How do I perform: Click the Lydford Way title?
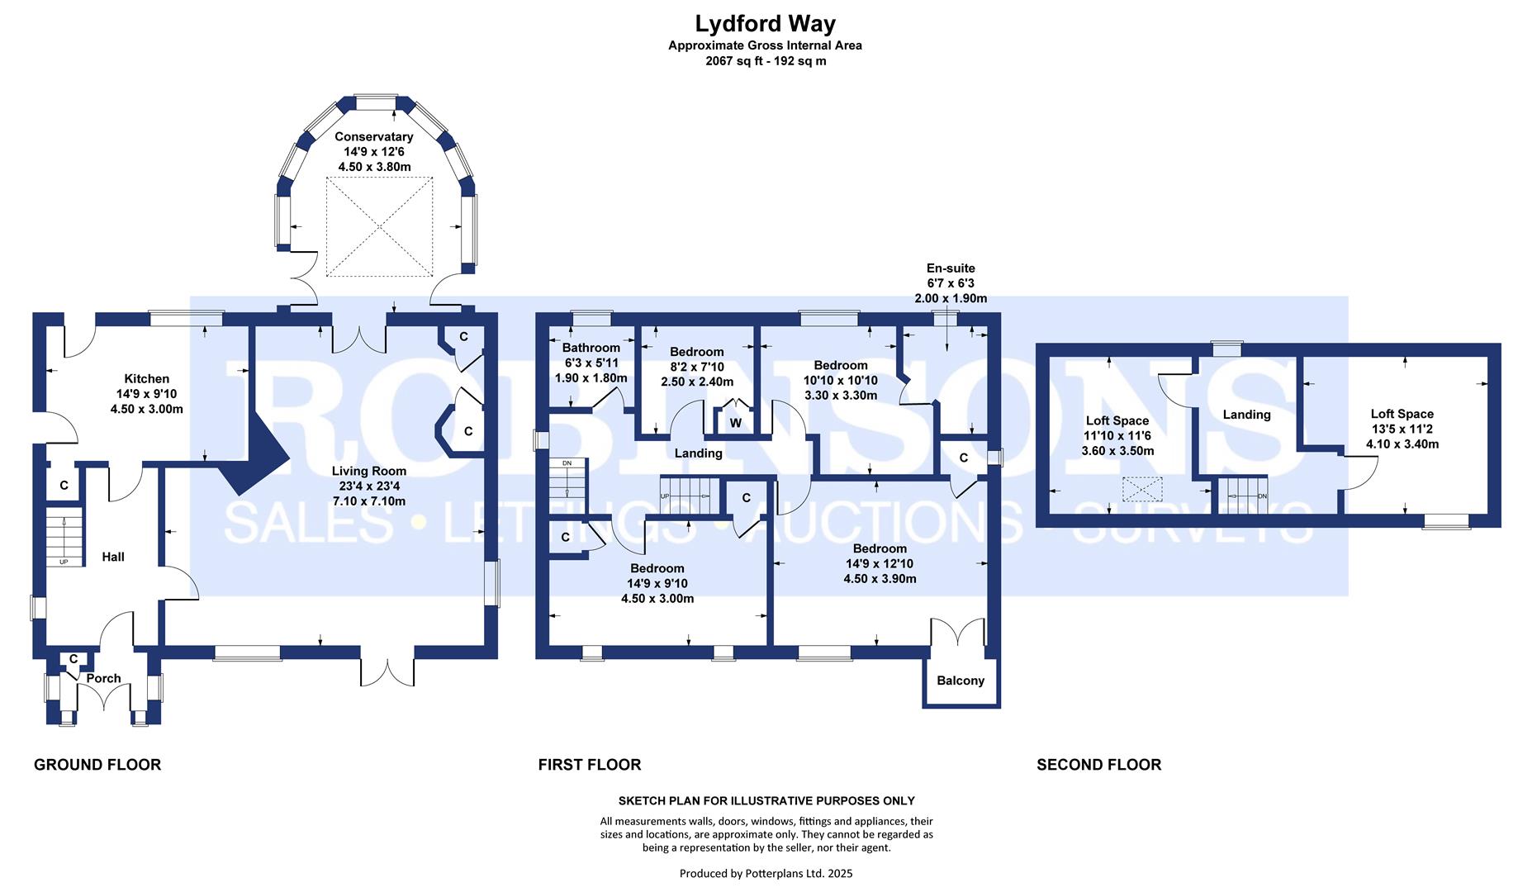click(765, 24)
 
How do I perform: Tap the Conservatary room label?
click(373, 137)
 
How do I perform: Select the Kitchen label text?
click(146, 379)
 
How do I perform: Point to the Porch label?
click(103, 679)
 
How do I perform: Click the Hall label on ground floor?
click(113, 557)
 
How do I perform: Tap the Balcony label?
click(961, 681)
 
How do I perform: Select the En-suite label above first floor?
click(950, 268)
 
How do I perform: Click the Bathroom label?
click(591, 349)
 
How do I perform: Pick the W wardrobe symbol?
click(735, 424)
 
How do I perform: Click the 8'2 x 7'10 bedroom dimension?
click(696, 368)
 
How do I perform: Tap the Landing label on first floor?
click(698, 453)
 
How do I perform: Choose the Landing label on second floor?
click(1246, 415)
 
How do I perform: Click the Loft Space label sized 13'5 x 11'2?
click(1402, 415)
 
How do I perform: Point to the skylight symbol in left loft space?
click(1142, 490)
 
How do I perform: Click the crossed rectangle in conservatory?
click(379, 225)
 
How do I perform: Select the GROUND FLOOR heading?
click(97, 765)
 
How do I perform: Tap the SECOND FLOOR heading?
click(1098, 765)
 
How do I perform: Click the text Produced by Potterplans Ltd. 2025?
click(766, 873)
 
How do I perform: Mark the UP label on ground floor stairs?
click(64, 562)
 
